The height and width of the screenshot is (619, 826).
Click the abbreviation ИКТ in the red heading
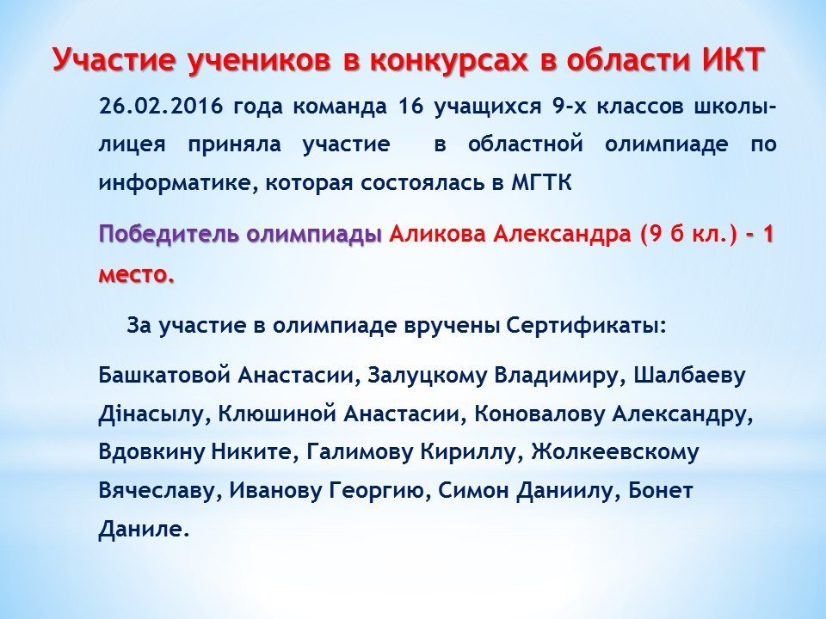[x=733, y=59]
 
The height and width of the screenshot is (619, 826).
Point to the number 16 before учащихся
[x=411, y=106]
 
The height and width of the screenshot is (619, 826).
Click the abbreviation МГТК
[x=541, y=182]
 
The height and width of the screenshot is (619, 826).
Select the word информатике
[x=176, y=184]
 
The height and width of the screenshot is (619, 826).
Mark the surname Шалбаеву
[x=689, y=377]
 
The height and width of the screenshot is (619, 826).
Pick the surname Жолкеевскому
[x=614, y=453]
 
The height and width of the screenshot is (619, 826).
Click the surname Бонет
[x=660, y=491]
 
